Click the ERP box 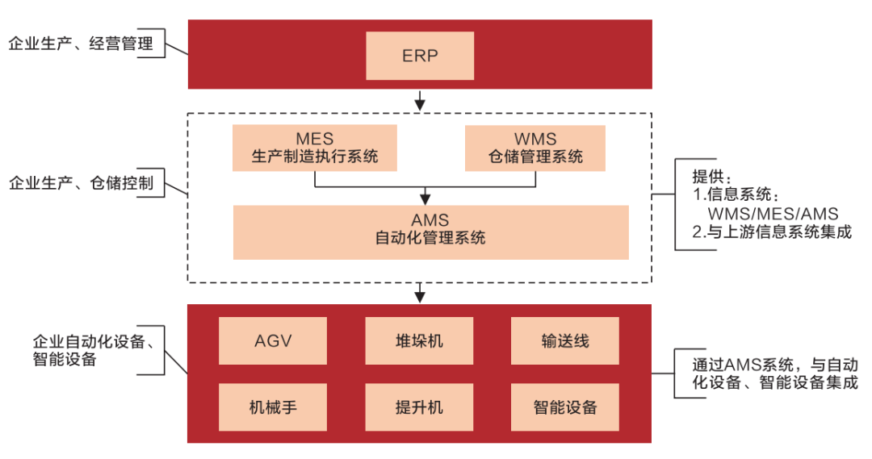pyautogui.click(x=419, y=55)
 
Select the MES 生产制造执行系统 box pyautogui.click(x=316, y=148)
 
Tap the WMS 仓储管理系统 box pyautogui.click(x=535, y=148)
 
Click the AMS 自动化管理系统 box pyautogui.click(x=430, y=232)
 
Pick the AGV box pyautogui.click(x=273, y=340)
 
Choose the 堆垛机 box pyautogui.click(x=419, y=340)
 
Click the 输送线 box pyautogui.click(x=565, y=340)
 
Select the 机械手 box pyautogui.click(x=273, y=406)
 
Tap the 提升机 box pyautogui.click(x=419, y=406)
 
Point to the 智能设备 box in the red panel pyautogui.click(x=565, y=406)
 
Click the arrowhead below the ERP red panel pyautogui.click(x=420, y=104)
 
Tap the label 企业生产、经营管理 pyautogui.click(x=81, y=44)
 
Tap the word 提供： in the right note pyautogui.click(x=711, y=177)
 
